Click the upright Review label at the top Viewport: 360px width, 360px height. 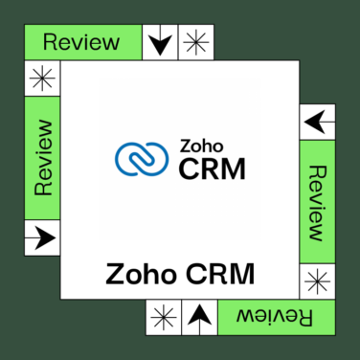[81, 42]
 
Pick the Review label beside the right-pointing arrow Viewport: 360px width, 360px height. [41, 158]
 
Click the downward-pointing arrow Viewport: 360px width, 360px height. [161, 42]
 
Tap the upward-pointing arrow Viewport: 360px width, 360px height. [198, 314]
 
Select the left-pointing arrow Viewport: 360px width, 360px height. [319, 121]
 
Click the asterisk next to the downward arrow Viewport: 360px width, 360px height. [195, 42]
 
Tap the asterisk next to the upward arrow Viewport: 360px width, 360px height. [164, 314]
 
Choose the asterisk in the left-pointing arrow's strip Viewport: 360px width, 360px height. [319, 281]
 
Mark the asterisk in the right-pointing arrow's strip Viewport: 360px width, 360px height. [41, 78]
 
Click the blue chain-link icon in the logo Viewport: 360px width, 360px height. [142, 160]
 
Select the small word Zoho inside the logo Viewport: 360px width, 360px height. [197, 148]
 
